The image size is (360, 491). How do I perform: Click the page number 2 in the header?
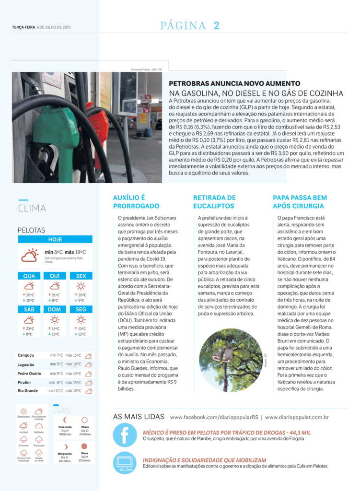(216, 26)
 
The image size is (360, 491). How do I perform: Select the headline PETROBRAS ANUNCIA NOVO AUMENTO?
(234, 83)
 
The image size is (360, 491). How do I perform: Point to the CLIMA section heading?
(32, 209)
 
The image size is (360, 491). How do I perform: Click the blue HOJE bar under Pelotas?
(55, 239)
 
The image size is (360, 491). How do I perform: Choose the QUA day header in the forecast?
(29, 276)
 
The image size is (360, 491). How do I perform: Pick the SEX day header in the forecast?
(81, 276)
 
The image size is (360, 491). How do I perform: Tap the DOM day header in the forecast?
(55, 309)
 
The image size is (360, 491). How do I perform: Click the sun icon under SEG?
(81, 319)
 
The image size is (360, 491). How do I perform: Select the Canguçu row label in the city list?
(25, 355)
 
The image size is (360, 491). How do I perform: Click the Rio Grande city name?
(28, 391)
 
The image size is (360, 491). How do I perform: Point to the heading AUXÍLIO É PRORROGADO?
(136, 202)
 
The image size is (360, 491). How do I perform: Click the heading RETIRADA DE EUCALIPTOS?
(214, 202)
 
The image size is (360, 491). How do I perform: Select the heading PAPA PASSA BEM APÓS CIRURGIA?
(300, 202)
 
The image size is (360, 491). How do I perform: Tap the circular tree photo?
(231, 360)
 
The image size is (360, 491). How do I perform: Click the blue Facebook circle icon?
(125, 435)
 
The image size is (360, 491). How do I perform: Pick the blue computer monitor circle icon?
(125, 463)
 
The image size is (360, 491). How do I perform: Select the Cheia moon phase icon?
(84, 420)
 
